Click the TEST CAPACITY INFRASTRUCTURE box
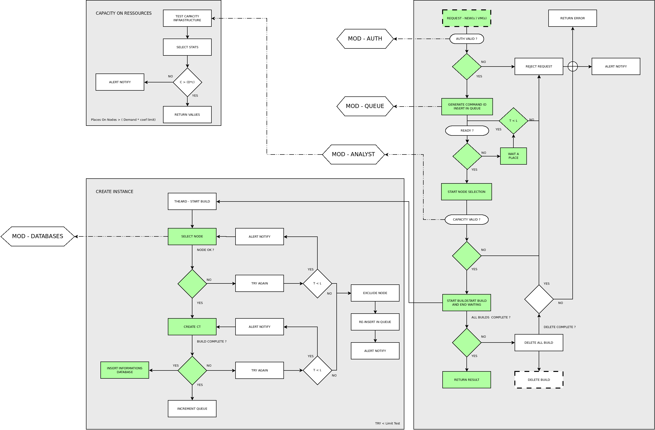(x=187, y=18)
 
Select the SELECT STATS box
(x=187, y=47)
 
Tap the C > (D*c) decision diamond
(x=187, y=82)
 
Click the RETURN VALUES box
(x=187, y=114)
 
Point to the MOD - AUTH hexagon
(x=365, y=39)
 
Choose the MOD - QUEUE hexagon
(x=365, y=106)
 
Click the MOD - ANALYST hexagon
(x=353, y=155)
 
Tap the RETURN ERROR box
(x=572, y=18)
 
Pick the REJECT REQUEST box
(x=539, y=66)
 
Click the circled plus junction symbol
(x=573, y=66)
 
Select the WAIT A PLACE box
(x=513, y=156)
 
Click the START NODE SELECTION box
(x=466, y=192)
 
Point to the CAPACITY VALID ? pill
(x=466, y=220)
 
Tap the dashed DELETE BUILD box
(x=539, y=380)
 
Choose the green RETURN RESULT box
(x=466, y=380)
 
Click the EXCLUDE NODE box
(x=375, y=293)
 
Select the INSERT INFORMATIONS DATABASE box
(x=125, y=370)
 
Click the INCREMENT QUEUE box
(x=192, y=409)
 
